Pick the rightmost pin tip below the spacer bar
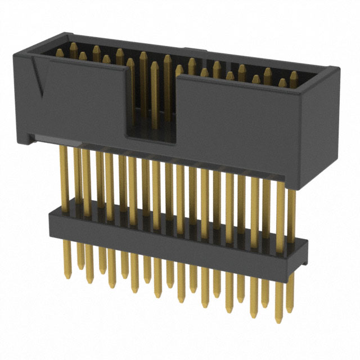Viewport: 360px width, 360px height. (x=289, y=307)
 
